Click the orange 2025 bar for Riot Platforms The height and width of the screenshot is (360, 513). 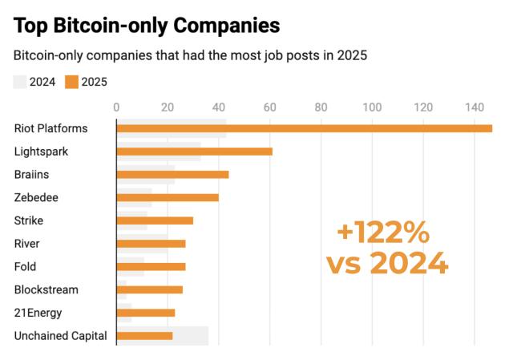305,128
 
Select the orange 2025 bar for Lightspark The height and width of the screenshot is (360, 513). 195,152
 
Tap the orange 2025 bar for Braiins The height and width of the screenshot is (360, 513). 173,175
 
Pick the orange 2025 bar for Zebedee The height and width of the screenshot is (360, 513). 168,197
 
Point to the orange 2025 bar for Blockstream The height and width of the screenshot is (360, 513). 150,289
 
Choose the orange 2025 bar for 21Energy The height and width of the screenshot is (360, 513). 146,313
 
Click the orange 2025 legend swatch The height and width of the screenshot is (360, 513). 72,81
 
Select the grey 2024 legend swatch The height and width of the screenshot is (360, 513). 20,81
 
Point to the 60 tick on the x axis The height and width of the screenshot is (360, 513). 270,107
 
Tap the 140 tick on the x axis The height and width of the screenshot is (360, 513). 474,107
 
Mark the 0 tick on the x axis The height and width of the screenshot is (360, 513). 117,107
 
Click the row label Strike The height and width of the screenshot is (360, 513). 29,220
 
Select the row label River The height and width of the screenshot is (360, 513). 26,244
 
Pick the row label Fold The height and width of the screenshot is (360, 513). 25,267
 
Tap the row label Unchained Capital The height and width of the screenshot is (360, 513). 60,336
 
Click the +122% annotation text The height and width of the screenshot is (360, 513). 383,233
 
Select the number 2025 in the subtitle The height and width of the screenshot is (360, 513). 352,56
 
